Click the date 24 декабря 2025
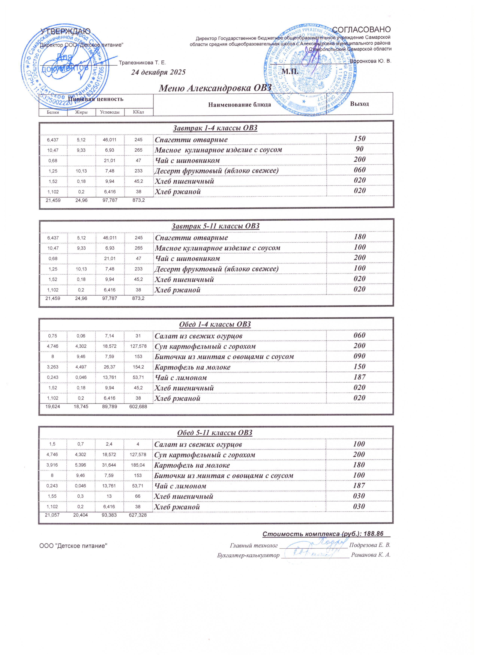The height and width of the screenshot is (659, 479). pos(158,72)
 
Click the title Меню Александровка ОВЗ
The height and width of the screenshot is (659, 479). pos(215,87)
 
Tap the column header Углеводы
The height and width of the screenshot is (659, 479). pos(110,112)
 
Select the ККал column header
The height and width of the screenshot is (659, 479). pos(138,112)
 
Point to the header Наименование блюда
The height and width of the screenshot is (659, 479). pos(240,104)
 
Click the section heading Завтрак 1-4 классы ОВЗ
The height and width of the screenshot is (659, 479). pos(215,128)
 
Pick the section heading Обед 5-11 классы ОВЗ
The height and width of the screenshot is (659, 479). pos(215,433)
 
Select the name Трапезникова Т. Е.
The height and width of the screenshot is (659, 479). pos(142,63)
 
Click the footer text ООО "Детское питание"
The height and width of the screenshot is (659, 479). pos(73,546)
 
